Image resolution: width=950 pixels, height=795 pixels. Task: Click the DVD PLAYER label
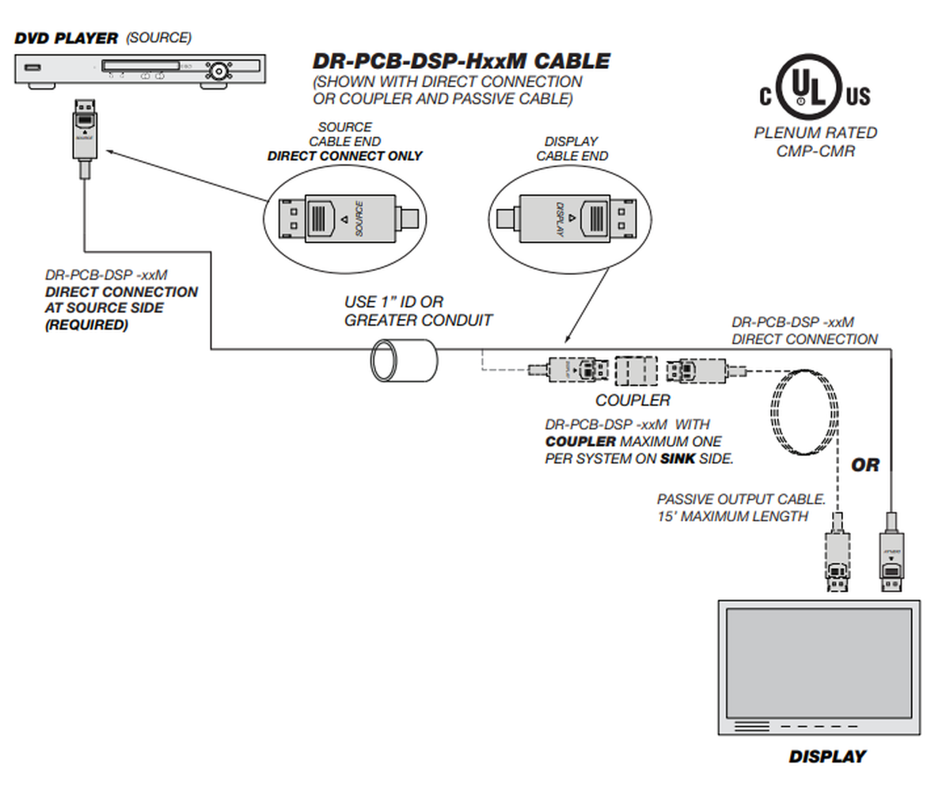click(x=66, y=38)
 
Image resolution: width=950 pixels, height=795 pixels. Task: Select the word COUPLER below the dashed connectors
click(x=633, y=400)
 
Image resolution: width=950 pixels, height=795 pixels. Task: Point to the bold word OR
click(x=865, y=466)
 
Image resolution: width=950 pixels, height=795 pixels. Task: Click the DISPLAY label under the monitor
click(x=826, y=756)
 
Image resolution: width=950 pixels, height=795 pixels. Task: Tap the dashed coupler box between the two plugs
click(x=636, y=370)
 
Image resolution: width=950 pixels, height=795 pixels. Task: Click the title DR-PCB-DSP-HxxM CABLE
click(x=461, y=61)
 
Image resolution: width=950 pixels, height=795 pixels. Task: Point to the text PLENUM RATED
click(x=815, y=133)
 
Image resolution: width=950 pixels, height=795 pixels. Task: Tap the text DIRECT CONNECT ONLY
click(x=344, y=156)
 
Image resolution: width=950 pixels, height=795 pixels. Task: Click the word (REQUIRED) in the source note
click(x=86, y=325)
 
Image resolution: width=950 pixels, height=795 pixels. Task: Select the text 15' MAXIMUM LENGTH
click(x=732, y=517)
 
